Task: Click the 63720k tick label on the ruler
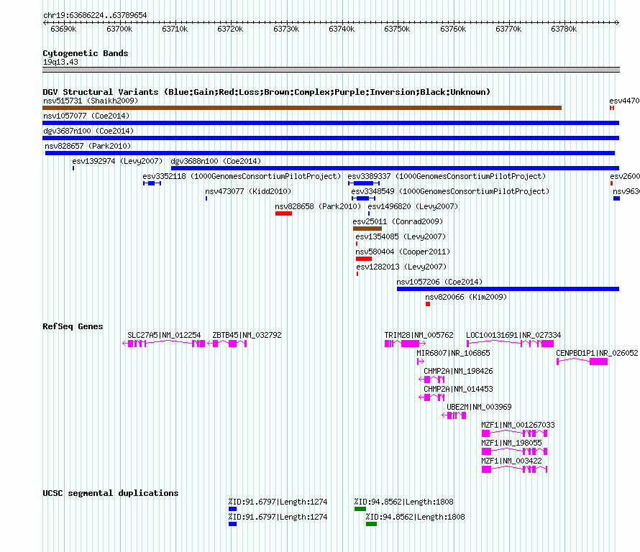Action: [230, 29]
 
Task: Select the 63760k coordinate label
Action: [453, 29]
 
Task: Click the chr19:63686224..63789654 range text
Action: [95, 16]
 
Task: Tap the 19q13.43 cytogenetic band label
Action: [60, 62]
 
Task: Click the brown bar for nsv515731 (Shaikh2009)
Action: [302, 108]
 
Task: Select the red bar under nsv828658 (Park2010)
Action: [283, 213]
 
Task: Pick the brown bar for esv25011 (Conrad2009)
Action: [367, 229]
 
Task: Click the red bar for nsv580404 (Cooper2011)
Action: [364, 259]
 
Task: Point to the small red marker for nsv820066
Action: [428, 304]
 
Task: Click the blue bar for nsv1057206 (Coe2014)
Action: [508, 289]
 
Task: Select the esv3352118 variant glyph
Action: [152, 183]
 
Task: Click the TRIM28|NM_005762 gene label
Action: [419, 335]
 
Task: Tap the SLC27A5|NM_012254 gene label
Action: [164, 335]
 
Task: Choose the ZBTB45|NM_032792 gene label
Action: [247, 335]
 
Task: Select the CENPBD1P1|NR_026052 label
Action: [597, 353]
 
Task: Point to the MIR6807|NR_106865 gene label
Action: [453, 353]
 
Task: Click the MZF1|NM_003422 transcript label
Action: [511, 461]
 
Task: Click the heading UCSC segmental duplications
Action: [111, 493]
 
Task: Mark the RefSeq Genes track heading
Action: [73, 326]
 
